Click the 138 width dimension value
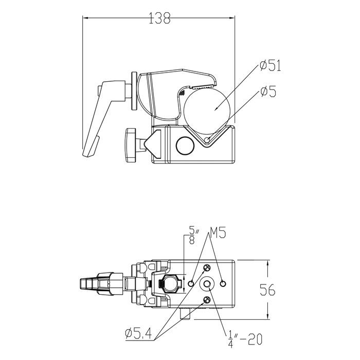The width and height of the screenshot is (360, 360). coord(160,18)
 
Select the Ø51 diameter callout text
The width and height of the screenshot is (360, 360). coord(271,65)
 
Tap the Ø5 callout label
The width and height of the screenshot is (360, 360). coord(268,91)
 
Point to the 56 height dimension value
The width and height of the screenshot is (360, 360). coord(267,290)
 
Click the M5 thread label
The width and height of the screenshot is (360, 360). coord(218,232)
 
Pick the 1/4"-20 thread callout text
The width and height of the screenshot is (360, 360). coord(245,339)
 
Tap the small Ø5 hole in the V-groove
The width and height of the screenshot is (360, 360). coord(207,139)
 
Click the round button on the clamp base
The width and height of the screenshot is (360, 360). coord(185,146)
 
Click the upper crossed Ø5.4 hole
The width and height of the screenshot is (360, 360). coord(207,268)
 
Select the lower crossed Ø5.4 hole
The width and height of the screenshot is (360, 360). coord(207,300)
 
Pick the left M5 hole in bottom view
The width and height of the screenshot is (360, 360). coord(191,284)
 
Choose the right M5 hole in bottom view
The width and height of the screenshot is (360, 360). coord(223,284)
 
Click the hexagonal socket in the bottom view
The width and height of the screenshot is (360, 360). coord(170,284)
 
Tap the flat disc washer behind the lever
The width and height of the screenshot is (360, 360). coord(134,91)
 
